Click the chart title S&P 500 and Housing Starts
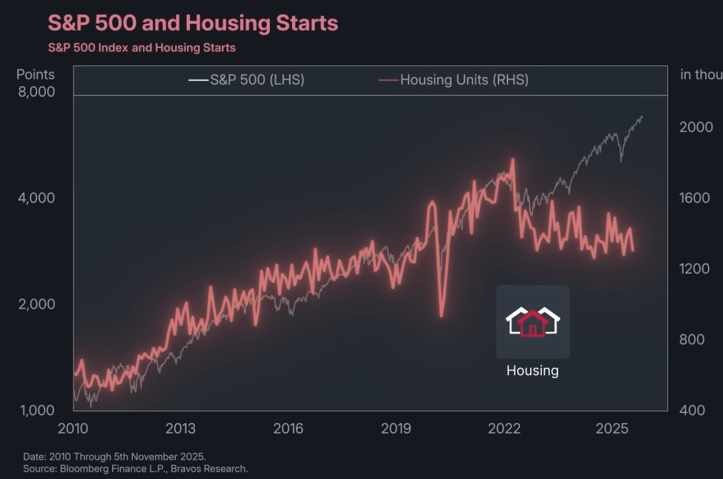click(x=193, y=23)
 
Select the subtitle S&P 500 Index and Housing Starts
click(x=142, y=48)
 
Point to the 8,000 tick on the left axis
click(x=36, y=92)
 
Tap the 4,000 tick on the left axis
click(x=36, y=198)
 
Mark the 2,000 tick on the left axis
click(x=36, y=304)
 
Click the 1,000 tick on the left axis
click(x=37, y=410)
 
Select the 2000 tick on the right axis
click(x=696, y=127)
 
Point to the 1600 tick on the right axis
click(x=694, y=198)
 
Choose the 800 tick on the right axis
click(x=691, y=339)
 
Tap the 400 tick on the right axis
click(x=691, y=410)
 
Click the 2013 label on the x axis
click(x=180, y=428)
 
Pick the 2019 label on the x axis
click(x=396, y=428)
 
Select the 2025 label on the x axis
click(x=611, y=428)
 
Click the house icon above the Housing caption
click(x=533, y=322)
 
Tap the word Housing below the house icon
click(x=532, y=370)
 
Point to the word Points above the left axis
click(x=35, y=74)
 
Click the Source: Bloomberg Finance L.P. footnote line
click(x=135, y=469)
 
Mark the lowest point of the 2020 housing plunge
click(x=441, y=316)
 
